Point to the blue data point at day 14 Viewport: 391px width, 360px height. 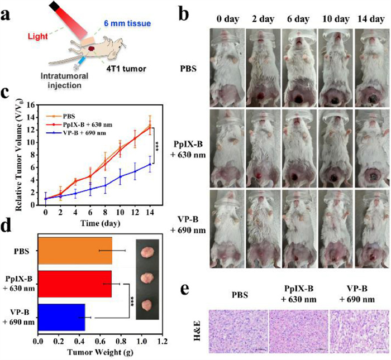149,164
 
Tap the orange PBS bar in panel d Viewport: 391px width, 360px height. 75,251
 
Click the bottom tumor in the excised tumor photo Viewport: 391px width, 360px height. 147,305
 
